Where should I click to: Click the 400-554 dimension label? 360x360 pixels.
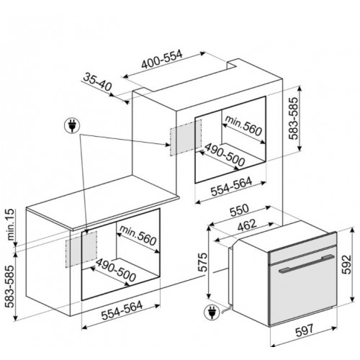[x=162, y=59]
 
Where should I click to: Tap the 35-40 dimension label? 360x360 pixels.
[x=98, y=83]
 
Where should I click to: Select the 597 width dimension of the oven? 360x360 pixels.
[x=305, y=330]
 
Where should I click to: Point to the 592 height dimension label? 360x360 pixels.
[x=346, y=264]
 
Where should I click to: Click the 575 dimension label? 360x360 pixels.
[x=203, y=262]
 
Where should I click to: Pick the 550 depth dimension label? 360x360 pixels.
[x=239, y=210]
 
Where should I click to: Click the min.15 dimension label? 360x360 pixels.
[x=11, y=225]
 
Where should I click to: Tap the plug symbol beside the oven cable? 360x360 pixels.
[x=212, y=312]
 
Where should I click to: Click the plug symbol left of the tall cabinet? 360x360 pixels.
[x=72, y=126]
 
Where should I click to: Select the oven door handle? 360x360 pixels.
[x=307, y=264]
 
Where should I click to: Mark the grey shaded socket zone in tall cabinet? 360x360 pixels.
[x=186, y=138]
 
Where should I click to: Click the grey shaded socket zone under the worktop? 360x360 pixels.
[x=81, y=249]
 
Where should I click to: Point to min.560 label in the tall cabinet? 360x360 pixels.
[x=243, y=125]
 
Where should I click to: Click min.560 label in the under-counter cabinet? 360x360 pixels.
[x=138, y=235]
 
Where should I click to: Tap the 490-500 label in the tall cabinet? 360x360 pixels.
[x=225, y=155]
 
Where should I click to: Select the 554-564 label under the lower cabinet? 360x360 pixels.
[x=122, y=311]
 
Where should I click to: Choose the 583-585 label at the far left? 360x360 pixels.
[x=11, y=287]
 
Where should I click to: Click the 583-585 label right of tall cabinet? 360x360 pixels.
[x=293, y=118]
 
